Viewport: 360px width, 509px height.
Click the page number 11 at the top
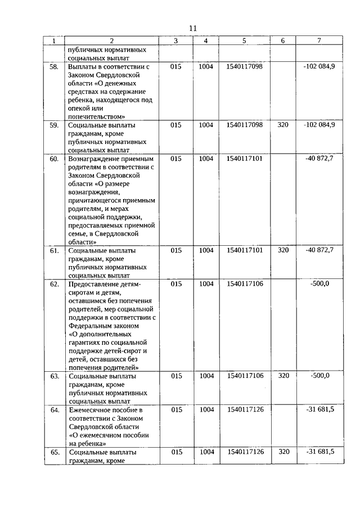(193, 28)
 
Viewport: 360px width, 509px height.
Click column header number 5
(244, 40)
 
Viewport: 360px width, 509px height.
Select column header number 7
(319, 40)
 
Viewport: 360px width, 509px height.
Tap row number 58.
(55, 66)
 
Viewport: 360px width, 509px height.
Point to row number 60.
(55, 159)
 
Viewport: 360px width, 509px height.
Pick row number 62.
(55, 284)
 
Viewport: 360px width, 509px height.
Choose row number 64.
(55, 409)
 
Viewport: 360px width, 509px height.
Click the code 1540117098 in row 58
(244, 66)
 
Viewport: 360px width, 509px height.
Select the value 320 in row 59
(283, 125)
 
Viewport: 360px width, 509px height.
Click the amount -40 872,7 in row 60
(319, 159)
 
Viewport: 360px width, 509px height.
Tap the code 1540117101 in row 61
(244, 250)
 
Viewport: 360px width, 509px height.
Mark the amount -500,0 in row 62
(319, 284)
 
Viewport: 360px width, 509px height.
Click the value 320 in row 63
(283, 376)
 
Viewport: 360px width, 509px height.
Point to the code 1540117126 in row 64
(244, 409)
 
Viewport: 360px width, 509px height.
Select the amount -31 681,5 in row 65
(320, 452)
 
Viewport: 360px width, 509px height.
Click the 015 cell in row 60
(175, 159)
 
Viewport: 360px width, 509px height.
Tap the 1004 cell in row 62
(206, 284)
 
